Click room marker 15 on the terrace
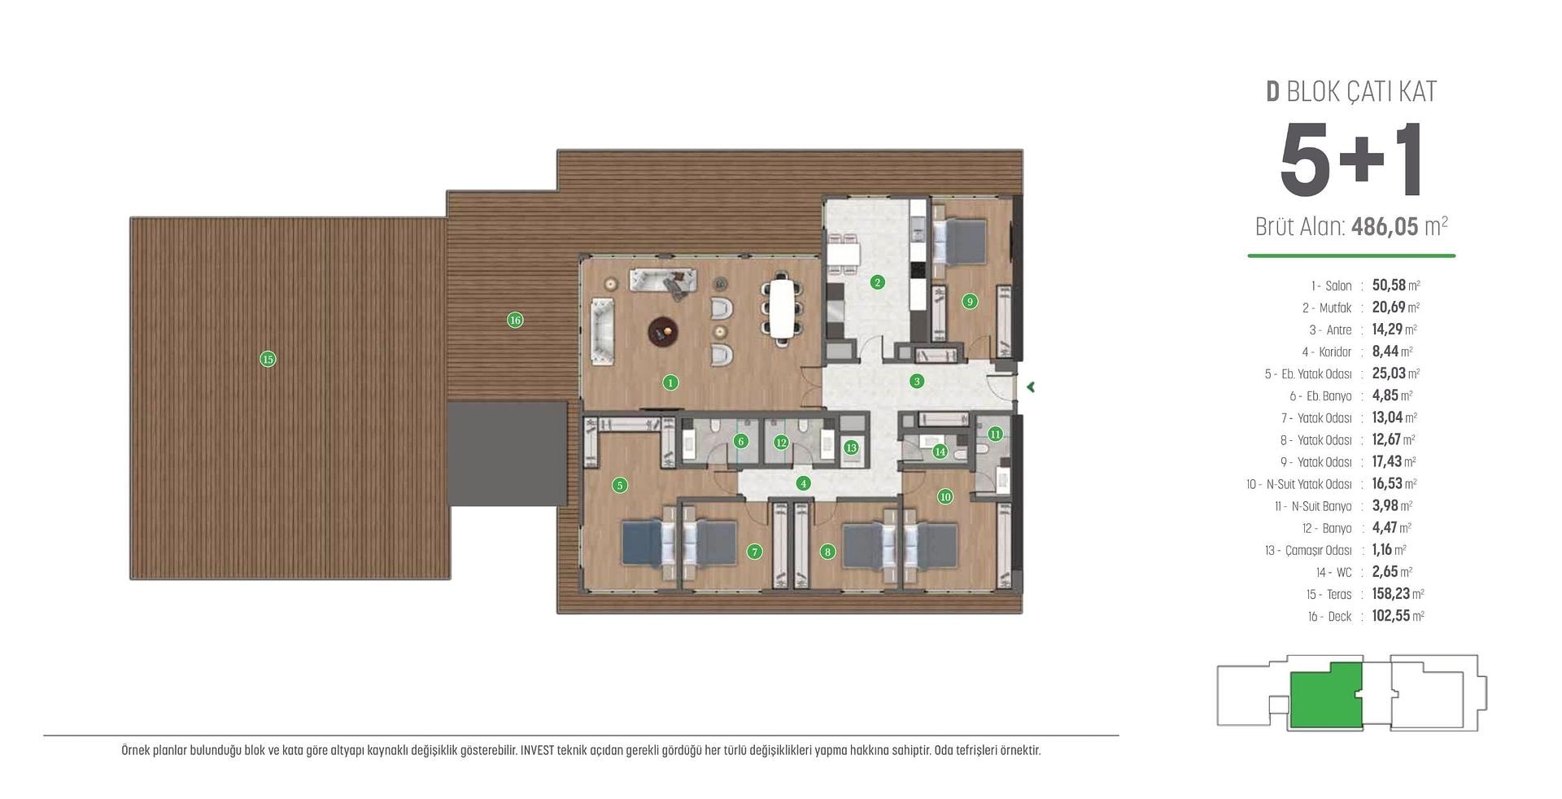(x=268, y=359)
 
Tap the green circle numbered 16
(x=515, y=320)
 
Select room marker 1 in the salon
(x=670, y=382)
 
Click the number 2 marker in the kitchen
(x=877, y=282)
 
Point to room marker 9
(x=969, y=301)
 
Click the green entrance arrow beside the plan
(x=1030, y=387)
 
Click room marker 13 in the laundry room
(x=851, y=448)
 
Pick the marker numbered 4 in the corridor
(x=804, y=483)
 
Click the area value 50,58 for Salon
(x=1389, y=286)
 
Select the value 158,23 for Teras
(x=1391, y=594)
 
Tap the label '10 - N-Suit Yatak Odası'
(x=1299, y=484)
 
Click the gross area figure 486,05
(x=1385, y=226)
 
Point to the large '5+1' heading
(x=1351, y=160)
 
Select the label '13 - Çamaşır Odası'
(x=1308, y=551)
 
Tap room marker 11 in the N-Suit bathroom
(x=995, y=434)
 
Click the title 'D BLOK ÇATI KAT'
(x=1351, y=91)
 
